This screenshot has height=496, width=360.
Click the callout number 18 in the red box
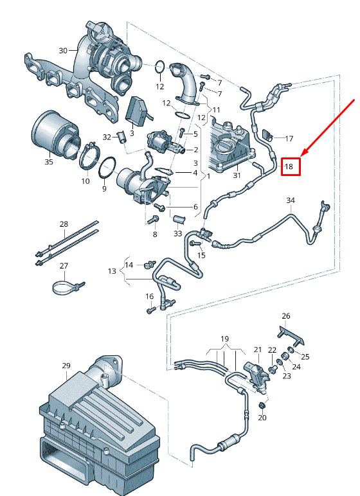289,166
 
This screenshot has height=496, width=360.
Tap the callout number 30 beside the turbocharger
63,50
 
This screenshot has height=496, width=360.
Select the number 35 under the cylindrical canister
49,162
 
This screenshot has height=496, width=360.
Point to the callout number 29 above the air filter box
66,366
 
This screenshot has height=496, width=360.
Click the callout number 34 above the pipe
291,200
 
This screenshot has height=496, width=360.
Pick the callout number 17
289,139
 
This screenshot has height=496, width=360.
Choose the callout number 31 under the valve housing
237,175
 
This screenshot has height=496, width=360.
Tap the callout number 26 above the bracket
286,315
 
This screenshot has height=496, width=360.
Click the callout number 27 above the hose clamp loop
64,266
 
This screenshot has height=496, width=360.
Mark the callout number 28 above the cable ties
64,224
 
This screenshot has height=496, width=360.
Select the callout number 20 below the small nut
262,418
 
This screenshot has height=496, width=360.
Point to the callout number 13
112,271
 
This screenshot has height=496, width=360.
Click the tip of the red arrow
300,156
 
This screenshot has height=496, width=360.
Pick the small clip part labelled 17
267,134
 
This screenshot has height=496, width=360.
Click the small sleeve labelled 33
178,220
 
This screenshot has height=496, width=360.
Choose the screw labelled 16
150,310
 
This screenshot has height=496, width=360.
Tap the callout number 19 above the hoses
224,339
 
